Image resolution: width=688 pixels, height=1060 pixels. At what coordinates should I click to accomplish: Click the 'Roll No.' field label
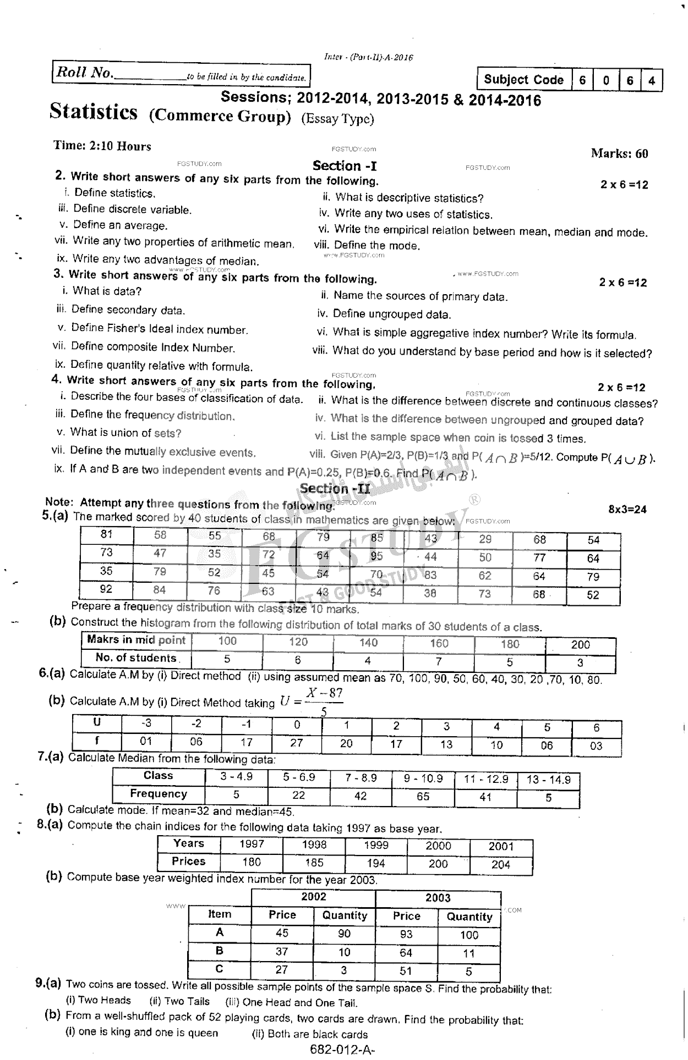click(x=84, y=73)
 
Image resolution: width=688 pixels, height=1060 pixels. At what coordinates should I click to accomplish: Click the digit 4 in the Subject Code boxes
click(x=652, y=81)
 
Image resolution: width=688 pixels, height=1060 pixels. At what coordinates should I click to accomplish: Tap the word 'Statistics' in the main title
click(x=93, y=112)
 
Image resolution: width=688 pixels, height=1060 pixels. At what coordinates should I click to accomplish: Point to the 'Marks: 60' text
click(x=619, y=153)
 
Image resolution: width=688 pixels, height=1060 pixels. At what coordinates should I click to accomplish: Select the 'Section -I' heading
click(x=345, y=165)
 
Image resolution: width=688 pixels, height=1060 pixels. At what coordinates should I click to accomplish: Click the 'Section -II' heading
click(x=335, y=488)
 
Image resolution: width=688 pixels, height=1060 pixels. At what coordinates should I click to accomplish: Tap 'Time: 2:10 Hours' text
click(x=102, y=146)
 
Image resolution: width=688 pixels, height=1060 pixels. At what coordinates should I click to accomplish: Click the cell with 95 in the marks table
click(x=376, y=556)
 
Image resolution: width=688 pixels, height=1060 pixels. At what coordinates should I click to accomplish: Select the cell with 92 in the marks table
click(x=106, y=589)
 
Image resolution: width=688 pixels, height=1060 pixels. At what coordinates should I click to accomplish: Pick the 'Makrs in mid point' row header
click(x=136, y=640)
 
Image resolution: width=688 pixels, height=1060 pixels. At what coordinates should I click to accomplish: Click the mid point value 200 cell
click(x=580, y=644)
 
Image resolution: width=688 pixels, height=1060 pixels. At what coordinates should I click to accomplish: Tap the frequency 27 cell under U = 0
click(x=297, y=743)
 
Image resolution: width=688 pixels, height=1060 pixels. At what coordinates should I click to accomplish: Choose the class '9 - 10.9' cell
click(x=423, y=779)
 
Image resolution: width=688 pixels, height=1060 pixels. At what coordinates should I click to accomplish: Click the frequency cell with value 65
click(x=423, y=796)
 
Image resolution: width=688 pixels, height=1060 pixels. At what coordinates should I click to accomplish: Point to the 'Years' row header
click(x=188, y=843)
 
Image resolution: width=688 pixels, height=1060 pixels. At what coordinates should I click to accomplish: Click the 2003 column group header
click(x=438, y=898)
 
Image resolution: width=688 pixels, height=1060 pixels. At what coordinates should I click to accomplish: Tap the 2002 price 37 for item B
click(x=282, y=952)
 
